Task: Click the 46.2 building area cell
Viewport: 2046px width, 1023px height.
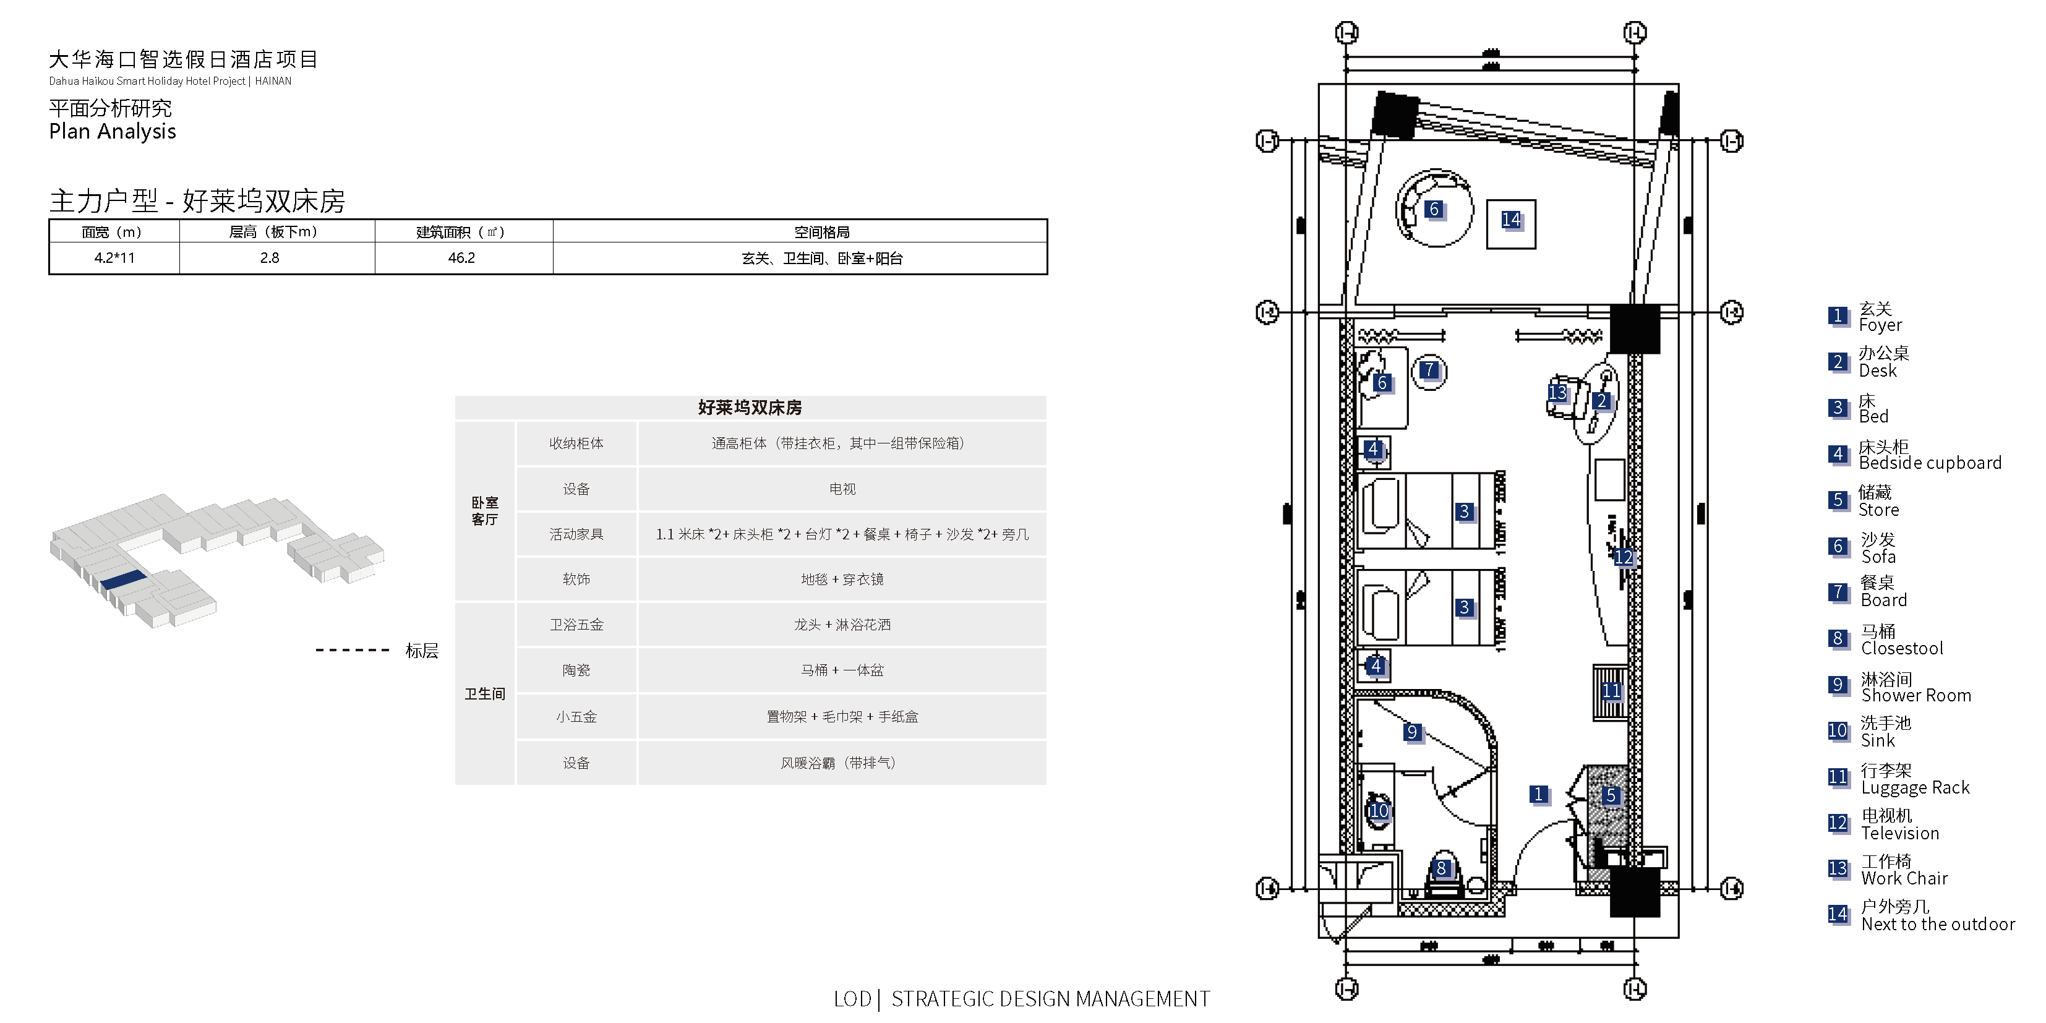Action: click(x=461, y=258)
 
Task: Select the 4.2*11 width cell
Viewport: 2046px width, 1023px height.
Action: click(x=114, y=258)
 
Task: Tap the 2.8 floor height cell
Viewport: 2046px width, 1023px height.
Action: click(x=269, y=258)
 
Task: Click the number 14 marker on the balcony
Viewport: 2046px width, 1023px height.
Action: click(x=1510, y=220)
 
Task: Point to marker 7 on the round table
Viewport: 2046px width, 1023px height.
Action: click(x=1429, y=370)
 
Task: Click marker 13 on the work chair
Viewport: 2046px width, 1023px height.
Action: click(x=1557, y=393)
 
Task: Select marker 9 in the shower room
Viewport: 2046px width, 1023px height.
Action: click(x=1411, y=732)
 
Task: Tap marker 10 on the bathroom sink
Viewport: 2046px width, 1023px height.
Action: click(x=1379, y=811)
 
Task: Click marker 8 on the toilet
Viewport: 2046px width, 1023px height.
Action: click(x=1442, y=869)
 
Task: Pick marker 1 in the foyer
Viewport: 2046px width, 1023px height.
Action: click(x=1538, y=794)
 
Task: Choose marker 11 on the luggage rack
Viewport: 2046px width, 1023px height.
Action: click(x=1611, y=691)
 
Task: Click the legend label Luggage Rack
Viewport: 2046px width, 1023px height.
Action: click(x=1915, y=788)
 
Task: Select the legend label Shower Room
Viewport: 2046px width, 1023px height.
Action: click(x=1915, y=696)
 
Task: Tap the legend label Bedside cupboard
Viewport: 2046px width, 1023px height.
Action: click(x=1930, y=463)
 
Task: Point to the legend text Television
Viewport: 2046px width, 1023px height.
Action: click(x=1900, y=833)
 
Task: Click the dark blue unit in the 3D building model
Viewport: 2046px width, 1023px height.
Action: click(x=123, y=580)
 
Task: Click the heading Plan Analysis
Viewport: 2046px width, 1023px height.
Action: click(x=113, y=132)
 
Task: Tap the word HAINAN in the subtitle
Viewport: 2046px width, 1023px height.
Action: click(x=273, y=81)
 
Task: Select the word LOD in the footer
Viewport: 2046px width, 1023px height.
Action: click(x=852, y=999)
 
